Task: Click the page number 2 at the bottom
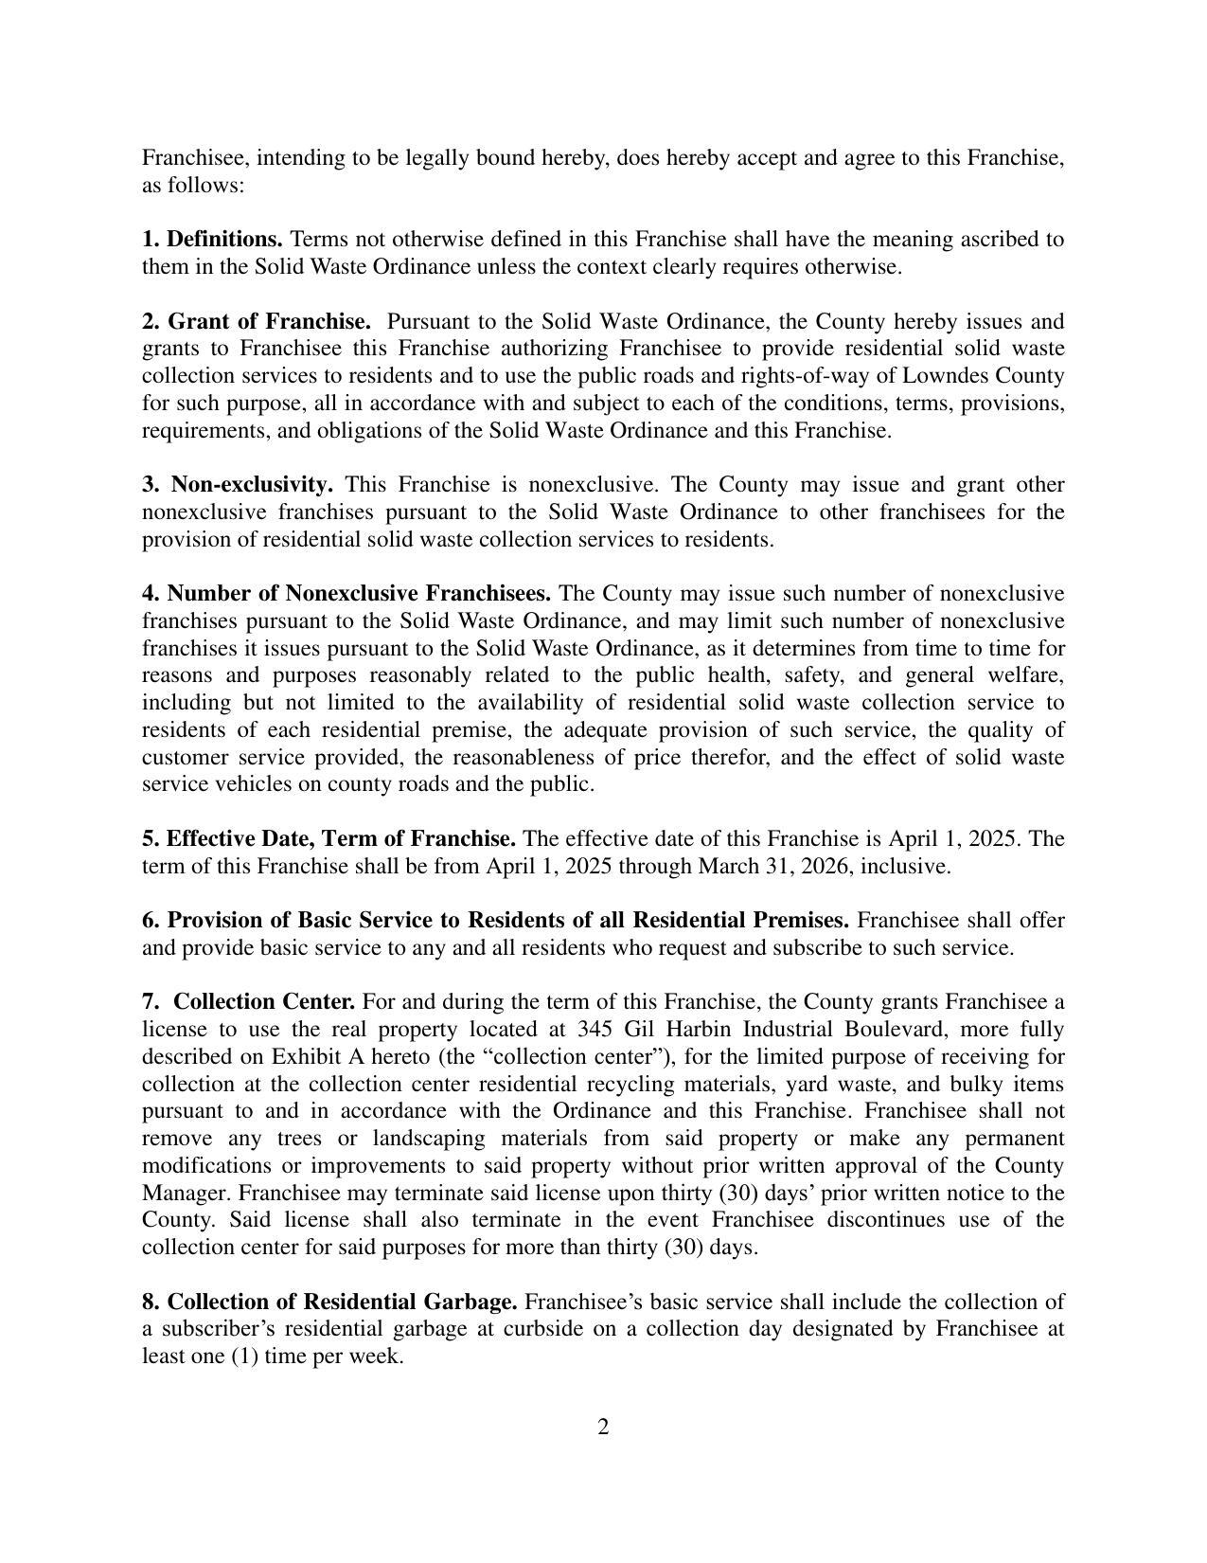603,1427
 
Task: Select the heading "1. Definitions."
212,239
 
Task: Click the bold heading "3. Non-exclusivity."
238,484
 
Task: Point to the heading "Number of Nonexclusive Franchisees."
359,593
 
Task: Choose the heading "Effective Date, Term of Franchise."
341,838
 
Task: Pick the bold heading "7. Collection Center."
249,1001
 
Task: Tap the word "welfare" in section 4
1024,675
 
